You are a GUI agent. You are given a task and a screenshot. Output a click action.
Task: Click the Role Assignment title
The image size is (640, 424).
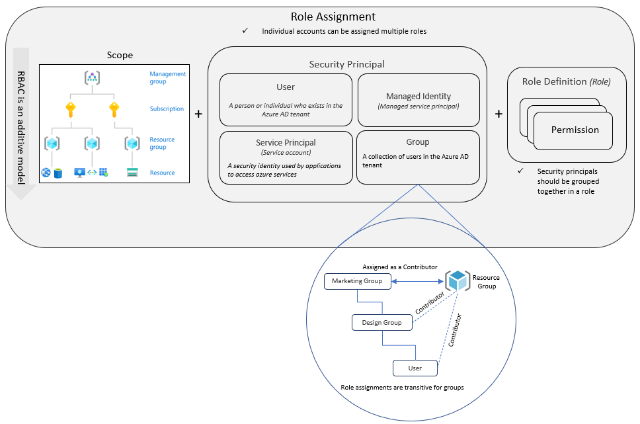[x=333, y=17]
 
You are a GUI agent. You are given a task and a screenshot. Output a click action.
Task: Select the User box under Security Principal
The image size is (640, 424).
[x=286, y=99]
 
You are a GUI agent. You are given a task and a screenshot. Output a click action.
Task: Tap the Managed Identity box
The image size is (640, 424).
[x=419, y=100]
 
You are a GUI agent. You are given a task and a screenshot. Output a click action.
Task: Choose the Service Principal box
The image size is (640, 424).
[x=286, y=157]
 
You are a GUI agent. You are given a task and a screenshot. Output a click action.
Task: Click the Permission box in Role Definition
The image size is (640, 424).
[x=574, y=130]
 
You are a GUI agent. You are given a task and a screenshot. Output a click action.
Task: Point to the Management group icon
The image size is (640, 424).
[x=92, y=77]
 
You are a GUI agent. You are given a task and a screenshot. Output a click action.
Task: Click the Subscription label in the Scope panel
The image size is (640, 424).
[x=167, y=109]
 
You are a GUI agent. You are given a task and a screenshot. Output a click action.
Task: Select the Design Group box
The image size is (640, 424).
[x=381, y=323]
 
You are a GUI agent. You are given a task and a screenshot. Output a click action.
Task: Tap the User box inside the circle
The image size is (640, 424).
[x=415, y=368]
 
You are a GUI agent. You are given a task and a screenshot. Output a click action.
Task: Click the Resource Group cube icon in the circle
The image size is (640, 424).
[x=457, y=281]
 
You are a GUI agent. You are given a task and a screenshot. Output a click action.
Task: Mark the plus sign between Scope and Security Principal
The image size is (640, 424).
[x=198, y=114]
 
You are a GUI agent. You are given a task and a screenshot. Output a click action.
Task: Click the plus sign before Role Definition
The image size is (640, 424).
[x=499, y=114]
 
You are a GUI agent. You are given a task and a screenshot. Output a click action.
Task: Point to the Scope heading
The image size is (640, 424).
[x=120, y=56]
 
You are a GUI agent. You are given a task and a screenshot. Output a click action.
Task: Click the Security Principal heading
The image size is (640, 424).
[x=346, y=64]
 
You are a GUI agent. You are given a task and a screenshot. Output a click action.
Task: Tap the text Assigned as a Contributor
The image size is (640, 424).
[x=399, y=267]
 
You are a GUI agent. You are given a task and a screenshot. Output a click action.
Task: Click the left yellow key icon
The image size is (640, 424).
[x=71, y=109]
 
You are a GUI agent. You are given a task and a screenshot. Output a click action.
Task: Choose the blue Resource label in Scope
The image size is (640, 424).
[x=162, y=173]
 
